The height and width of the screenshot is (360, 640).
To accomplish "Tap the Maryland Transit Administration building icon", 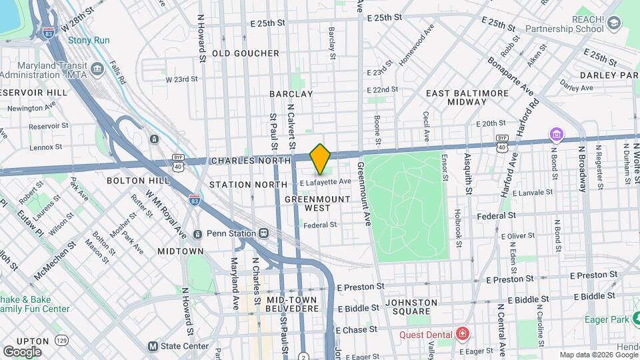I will coord(98,69).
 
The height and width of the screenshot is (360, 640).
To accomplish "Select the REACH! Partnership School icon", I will coord(613,25).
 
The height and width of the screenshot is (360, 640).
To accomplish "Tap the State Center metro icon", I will coord(153,346).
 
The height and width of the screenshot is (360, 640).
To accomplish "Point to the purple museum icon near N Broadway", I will coord(555,135).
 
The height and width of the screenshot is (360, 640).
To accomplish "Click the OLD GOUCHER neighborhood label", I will coord(245,53).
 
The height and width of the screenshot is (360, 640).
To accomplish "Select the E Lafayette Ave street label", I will coord(325,182).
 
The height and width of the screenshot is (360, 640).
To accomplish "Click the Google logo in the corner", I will coord(22,351).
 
